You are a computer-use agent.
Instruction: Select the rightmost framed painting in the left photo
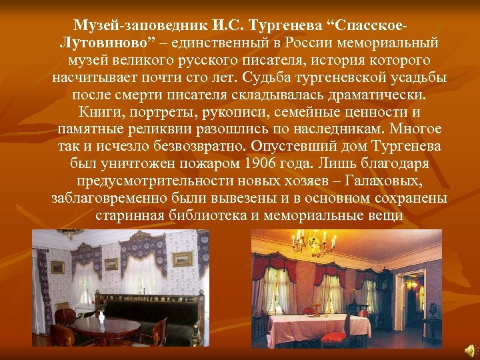(181, 259)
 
